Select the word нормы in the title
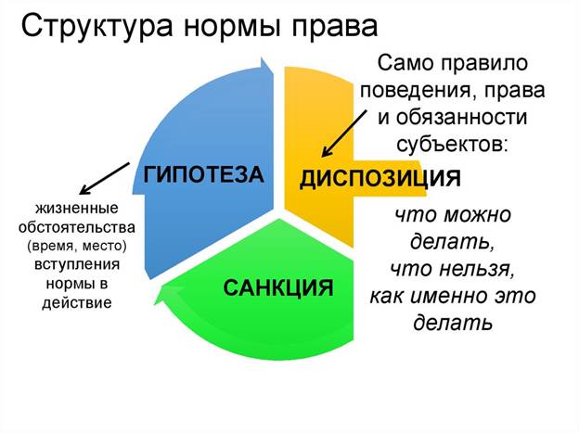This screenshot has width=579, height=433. pos(233,29)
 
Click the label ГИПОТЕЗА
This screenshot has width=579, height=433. pos(203,174)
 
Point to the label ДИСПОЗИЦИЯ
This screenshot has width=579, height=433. pos(380,179)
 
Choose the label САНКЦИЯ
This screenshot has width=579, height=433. pos(278,288)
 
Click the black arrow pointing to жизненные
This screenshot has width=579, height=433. pos(105,178)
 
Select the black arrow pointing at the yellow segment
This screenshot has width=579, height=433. pos(344,134)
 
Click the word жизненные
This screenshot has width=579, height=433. pos(77,209)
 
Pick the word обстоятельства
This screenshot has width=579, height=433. pos(77,227)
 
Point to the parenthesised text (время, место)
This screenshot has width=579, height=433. pos(77,247)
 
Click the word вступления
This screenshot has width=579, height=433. pos(77,265)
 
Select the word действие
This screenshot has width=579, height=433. pos(77,303)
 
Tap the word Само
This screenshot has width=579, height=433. pos(405,63)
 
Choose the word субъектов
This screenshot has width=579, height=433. pos(451,145)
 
